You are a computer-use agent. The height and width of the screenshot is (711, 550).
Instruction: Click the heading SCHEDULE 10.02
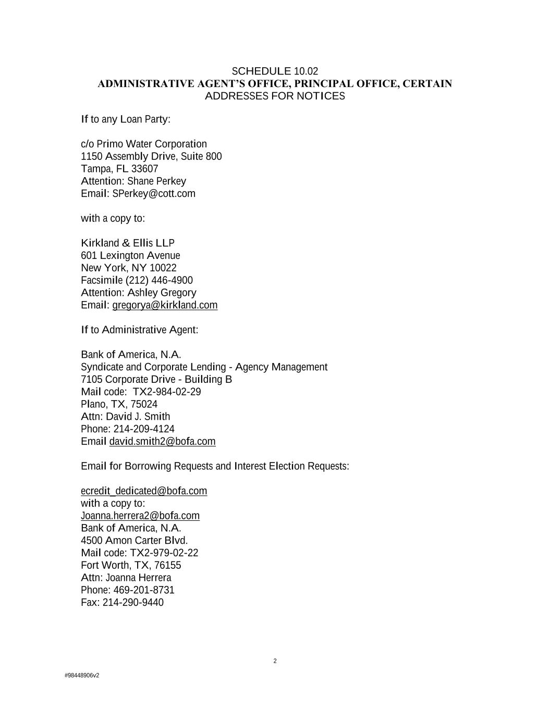275,71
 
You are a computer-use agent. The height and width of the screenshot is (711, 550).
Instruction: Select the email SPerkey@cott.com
154,194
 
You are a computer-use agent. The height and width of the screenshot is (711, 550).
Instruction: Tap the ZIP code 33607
145,169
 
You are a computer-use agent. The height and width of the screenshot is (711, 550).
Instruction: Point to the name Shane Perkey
156,181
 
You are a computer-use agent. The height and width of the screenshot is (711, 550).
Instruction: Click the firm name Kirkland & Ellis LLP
128,243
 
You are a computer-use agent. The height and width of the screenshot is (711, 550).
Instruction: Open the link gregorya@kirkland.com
165,305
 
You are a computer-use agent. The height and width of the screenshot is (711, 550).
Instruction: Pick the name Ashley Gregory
162,293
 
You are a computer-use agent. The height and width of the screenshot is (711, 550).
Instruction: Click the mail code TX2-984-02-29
167,392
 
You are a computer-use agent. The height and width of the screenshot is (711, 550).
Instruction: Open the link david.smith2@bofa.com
162,442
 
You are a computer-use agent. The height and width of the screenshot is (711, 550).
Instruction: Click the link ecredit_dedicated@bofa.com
144,491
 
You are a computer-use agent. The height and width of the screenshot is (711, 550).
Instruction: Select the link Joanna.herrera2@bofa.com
140,516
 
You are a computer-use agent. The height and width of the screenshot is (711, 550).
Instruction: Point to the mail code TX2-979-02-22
164,553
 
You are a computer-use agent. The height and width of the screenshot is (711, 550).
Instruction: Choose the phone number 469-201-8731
144,590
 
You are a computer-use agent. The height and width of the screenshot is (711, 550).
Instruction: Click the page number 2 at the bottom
275,662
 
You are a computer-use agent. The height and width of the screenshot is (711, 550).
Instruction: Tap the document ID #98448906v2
82,676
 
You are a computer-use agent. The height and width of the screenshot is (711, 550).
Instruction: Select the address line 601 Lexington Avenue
130,256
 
